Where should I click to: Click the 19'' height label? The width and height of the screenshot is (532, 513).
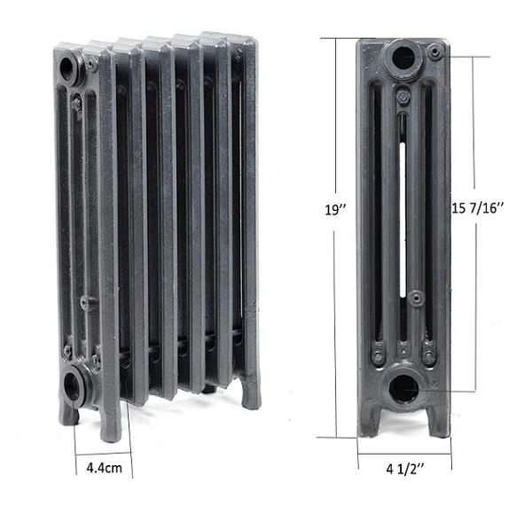(334, 210)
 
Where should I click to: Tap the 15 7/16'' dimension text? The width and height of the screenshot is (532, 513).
(478, 210)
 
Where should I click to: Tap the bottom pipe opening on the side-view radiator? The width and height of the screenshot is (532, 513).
(404, 387)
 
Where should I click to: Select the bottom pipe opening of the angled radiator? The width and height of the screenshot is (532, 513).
(73, 387)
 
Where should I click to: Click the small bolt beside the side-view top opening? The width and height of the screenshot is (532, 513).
(434, 53)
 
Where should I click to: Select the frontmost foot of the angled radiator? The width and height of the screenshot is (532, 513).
(109, 426)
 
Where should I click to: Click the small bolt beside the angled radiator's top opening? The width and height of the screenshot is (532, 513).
(91, 64)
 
